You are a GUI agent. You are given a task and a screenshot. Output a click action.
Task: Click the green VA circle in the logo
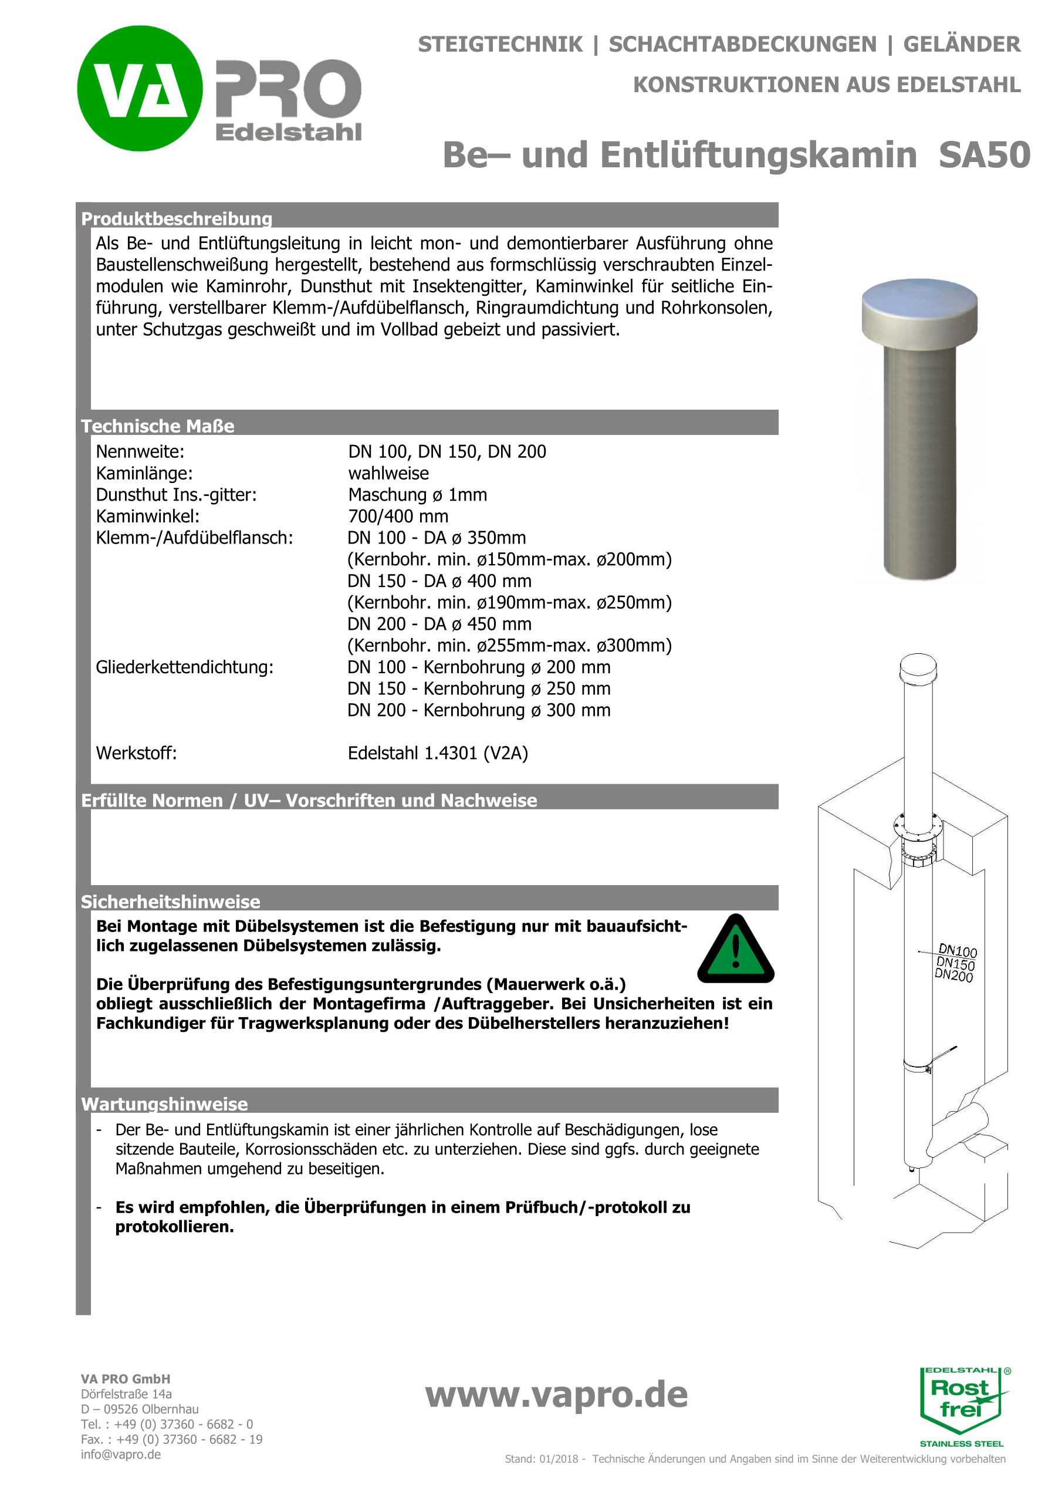pyautogui.click(x=140, y=88)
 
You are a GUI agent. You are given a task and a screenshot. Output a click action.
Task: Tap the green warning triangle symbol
pyautogui.click(x=736, y=950)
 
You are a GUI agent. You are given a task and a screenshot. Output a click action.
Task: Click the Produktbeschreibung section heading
pyautogui.click(x=177, y=218)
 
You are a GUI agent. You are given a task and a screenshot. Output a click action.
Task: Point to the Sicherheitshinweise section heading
pyautogui.click(x=170, y=902)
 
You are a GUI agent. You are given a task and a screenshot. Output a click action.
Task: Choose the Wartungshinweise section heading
pyautogui.click(x=164, y=1103)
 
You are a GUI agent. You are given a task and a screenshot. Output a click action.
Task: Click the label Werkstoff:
pyautogui.click(x=136, y=753)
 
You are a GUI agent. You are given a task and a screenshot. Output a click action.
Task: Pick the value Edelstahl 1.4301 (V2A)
pyautogui.click(x=438, y=753)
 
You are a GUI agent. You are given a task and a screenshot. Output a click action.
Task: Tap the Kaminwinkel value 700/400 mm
pyautogui.click(x=398, y=516)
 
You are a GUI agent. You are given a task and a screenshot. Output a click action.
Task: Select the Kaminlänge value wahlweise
pyautogui.click(x=388, y=473)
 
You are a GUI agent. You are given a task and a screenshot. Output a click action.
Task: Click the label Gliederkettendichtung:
pyautogui.click(x=184, y=667)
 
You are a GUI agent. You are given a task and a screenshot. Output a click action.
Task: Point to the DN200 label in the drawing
pyautogui.click(x=953, y=976)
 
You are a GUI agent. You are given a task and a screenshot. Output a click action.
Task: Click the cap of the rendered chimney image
pyautogui.click(x=919, y=310)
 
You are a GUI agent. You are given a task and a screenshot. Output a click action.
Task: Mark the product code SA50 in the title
pyautogui.click(x=984, y=155)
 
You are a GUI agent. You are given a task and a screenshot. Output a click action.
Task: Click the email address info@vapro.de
pyautogui.click(x=121, y=1454)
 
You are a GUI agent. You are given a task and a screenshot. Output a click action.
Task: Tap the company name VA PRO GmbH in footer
pyautogui.click(x=126, y=1379)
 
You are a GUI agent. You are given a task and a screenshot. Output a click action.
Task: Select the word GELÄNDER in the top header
pyautogui.click(x=961, y=45)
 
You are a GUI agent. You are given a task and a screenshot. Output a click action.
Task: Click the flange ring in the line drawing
pyautogui.click(x=918, y=828)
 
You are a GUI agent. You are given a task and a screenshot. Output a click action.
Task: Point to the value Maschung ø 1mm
pyautogui.click(x=417, y=495)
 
